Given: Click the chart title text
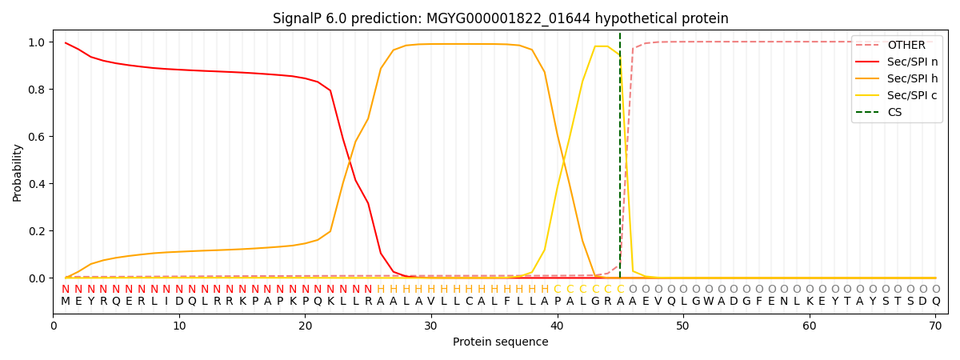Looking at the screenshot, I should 500,18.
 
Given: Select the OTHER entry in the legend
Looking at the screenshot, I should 906,46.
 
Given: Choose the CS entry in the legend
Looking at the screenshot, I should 894,113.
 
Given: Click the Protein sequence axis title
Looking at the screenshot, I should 500,342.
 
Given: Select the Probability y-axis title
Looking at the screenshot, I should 18,172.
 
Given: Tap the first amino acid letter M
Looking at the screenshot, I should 66,302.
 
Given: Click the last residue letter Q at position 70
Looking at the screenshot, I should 936,302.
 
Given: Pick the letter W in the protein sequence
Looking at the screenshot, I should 709,302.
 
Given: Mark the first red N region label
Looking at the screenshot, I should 66,290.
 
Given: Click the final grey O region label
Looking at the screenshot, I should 936,290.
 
